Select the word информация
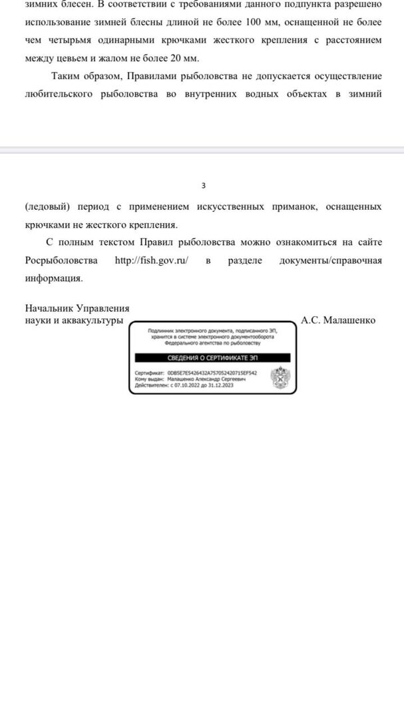54,278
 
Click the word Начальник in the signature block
50,308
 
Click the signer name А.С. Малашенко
338,320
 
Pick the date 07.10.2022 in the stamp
186,385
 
